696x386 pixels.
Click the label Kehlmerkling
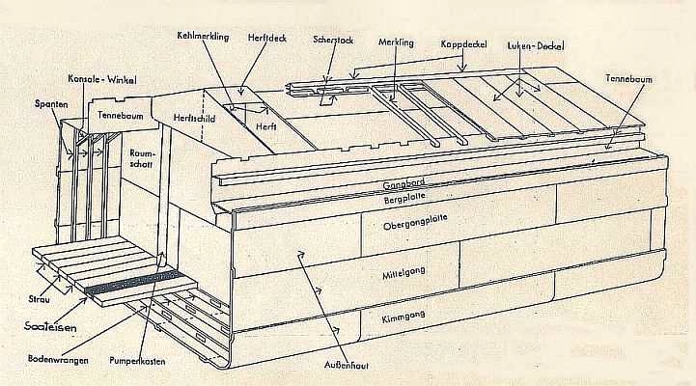203,36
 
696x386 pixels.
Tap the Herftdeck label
267,38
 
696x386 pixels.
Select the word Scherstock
333,40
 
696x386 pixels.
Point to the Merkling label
396,42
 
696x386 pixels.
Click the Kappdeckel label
464,44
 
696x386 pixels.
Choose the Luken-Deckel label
536,45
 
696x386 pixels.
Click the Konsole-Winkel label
102,79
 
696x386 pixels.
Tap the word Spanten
51,104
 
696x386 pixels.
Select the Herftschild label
194,119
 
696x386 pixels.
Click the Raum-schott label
141,158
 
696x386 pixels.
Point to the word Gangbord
404,182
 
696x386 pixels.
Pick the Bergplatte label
404,198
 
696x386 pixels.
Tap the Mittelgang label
404,273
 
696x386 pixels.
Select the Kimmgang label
404,317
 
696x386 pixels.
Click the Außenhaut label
347,365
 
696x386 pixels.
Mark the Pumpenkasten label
137,361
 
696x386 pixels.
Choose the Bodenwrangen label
58,359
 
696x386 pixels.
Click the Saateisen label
50,327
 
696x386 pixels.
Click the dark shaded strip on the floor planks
136,283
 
